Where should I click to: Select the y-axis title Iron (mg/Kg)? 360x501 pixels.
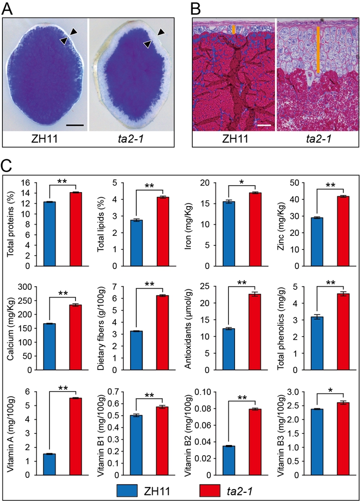[x=190, y=225]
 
